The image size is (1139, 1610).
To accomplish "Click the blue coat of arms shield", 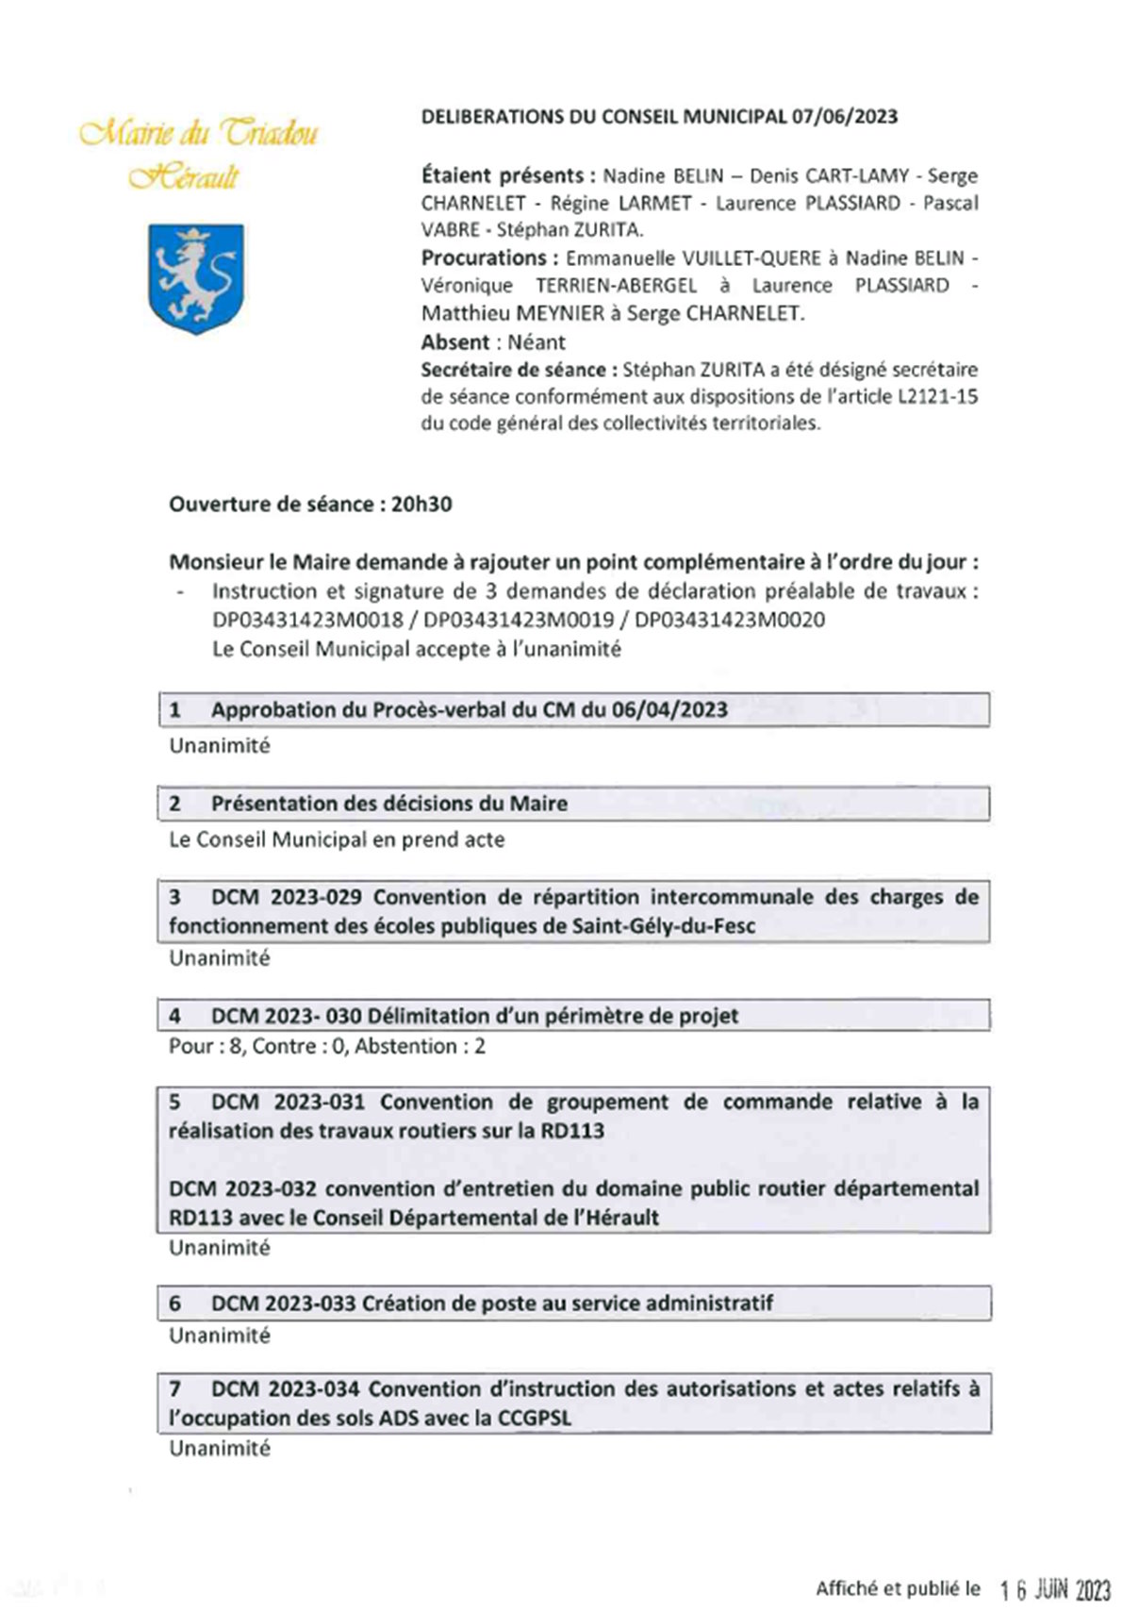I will click(196, 277).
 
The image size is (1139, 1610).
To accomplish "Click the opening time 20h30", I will click(421, 505).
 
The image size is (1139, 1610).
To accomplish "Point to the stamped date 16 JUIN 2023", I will click(1055, 1589).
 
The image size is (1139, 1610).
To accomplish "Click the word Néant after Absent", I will click(536, 342).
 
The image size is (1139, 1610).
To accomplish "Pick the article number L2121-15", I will click(931, 397).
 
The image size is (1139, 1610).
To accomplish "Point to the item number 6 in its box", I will click(175, 1303).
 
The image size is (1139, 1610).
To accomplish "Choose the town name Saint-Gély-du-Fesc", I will click(664, 926).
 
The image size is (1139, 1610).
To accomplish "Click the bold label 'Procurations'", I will click(484, 258).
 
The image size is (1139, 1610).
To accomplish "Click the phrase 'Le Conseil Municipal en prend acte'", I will click(337, 839).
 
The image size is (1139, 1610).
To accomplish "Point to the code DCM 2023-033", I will click(283, 1303).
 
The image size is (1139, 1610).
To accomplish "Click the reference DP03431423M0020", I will click(730, 621).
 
